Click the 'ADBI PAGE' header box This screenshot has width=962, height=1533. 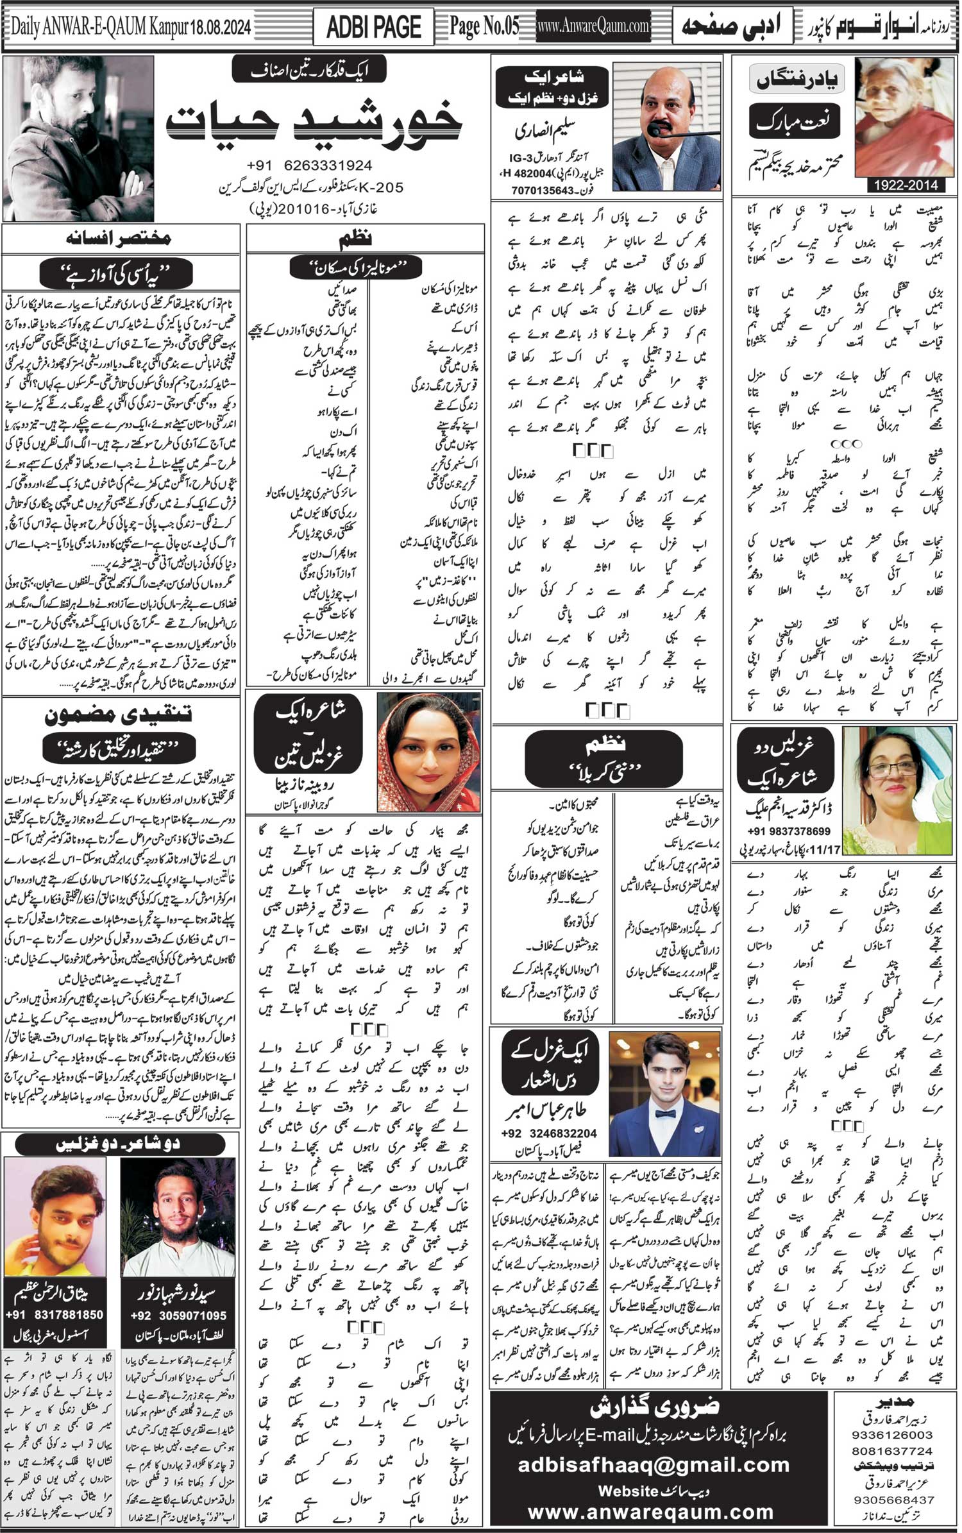click(x=373, y=28)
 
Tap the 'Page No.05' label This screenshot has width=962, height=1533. click(x=484, y=27)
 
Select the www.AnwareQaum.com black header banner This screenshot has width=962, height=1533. click(x=593, y=27)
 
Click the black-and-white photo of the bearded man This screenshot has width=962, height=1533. click(x=78, y=137)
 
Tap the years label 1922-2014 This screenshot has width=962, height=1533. click(x=904, y=185)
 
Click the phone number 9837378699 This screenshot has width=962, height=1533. click(x=788, y=831)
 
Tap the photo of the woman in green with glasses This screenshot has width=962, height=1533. click(x=897, y=790)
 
